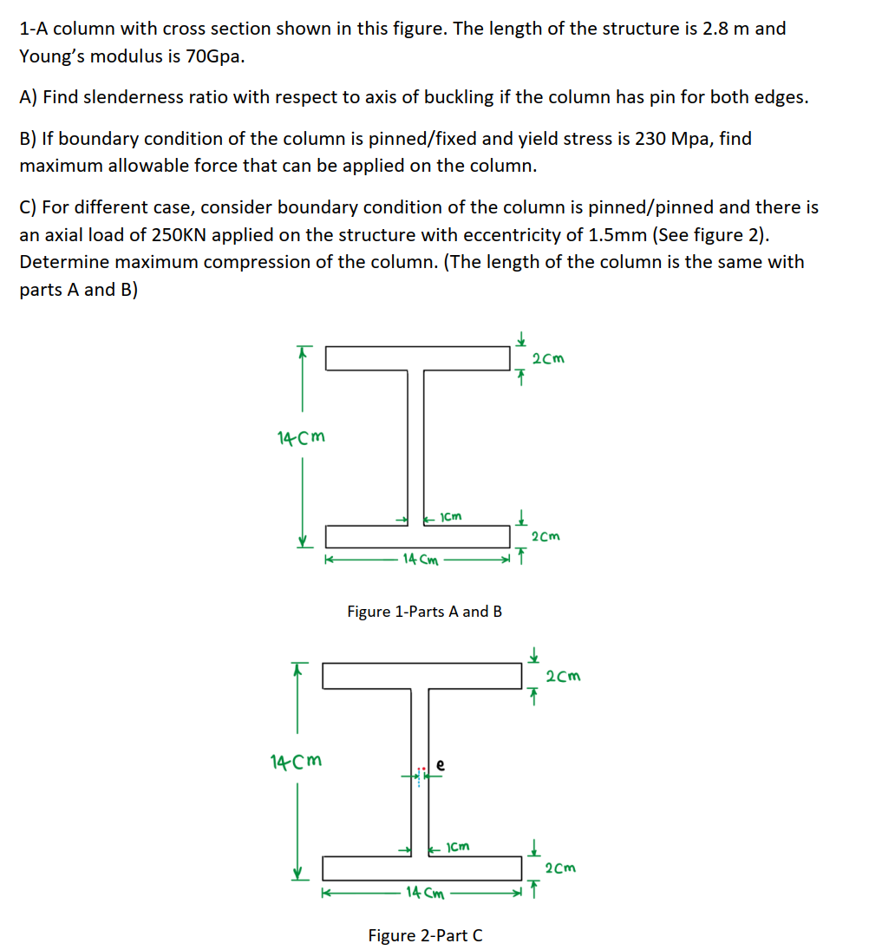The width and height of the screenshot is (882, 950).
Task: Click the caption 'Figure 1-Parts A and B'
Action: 424,612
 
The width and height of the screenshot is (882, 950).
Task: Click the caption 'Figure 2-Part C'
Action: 425,935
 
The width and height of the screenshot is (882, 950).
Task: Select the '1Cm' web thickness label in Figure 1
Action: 451,517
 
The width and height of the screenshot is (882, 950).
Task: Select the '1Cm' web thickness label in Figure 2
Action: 458,846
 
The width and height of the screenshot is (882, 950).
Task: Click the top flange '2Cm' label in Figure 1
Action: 547,358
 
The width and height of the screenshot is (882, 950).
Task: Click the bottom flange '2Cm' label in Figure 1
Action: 546,536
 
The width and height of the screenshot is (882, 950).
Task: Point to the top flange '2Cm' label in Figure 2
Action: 563,676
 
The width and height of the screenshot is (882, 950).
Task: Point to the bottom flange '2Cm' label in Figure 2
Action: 560,868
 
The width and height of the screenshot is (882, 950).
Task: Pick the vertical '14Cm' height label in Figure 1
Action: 301,436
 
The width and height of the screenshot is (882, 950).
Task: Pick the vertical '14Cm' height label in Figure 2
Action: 296,762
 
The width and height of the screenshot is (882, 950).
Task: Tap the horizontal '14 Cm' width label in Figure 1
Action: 420,560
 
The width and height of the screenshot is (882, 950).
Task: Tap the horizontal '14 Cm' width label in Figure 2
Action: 425,891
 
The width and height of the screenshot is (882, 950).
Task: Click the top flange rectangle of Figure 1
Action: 417,357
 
